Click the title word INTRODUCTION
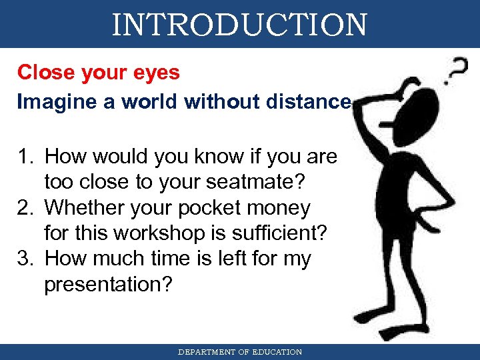(239, 24)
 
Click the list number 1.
(25, 157)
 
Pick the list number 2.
(25, 208)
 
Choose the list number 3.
(25, 259)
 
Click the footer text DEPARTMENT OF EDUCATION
(239, 352)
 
